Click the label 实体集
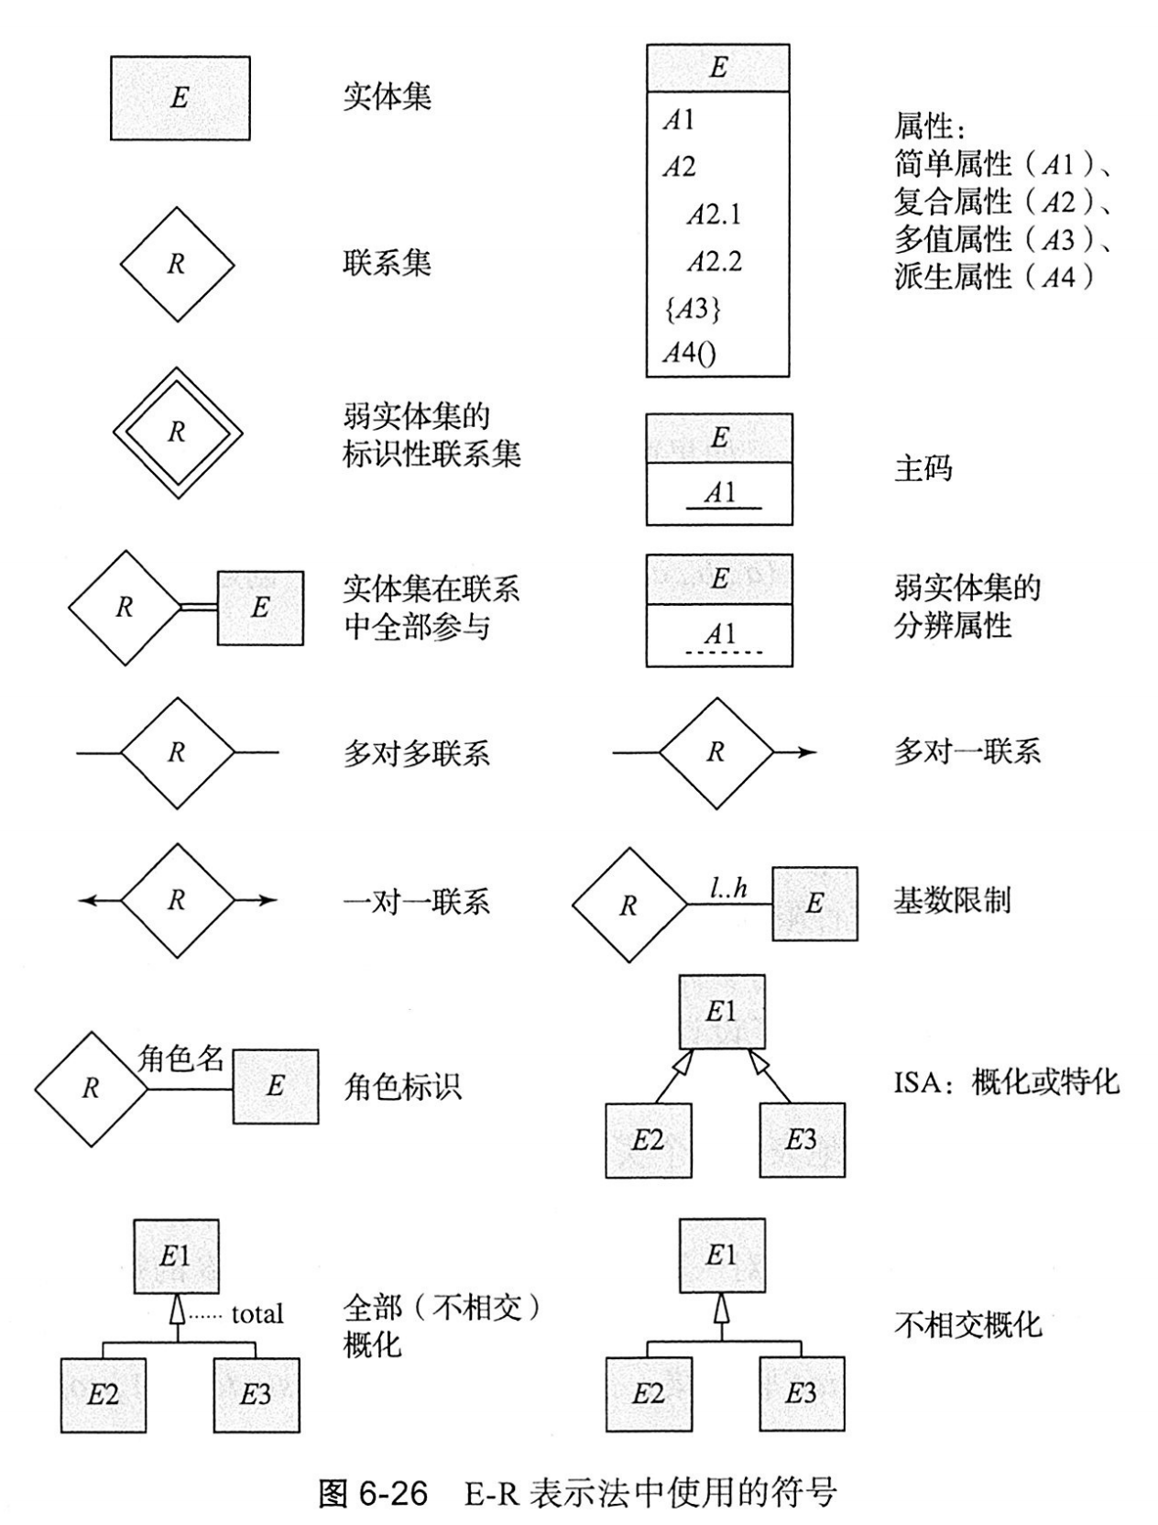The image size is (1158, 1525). point(387,97)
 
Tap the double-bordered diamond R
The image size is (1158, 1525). point(177,433)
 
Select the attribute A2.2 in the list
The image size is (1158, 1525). point(714,262)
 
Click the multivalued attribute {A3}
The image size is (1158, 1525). point(692,309)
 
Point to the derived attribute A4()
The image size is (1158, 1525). point(689,354)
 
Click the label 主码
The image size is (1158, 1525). point(923,469)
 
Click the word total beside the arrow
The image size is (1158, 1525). point(257,1314)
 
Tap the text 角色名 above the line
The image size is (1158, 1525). point(180,1059)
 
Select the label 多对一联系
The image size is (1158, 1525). point(967,752)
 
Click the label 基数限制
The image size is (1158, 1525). point(952,901)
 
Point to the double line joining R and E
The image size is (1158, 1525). point(199,607)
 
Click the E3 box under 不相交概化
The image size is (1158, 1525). point(802,1394)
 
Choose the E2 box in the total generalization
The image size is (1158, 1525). point(103,1395)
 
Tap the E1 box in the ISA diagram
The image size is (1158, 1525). point(721,1012)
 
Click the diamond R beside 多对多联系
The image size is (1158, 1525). point(177,752)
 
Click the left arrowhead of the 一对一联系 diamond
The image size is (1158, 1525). point(88,901)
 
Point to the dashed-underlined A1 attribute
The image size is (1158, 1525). point(720,634)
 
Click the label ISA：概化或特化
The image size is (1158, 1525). point(1006,1083)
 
